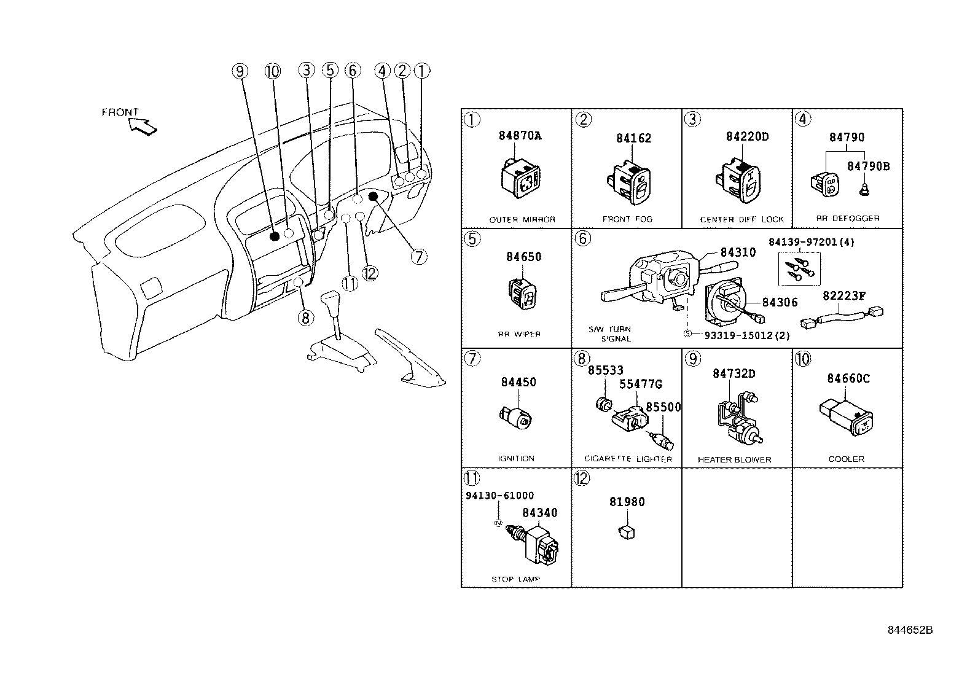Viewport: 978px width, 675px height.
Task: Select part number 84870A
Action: pos(520,136)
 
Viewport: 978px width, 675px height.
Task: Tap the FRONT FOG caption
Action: pos(627,219)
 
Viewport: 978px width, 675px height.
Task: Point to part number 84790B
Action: pos(868,166)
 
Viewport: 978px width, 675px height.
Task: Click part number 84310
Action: pos(738,252)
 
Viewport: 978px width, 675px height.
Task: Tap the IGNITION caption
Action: pos(516,458)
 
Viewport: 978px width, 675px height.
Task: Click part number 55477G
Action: pos(640,384)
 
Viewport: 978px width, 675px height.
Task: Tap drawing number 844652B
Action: pos(910,630)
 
